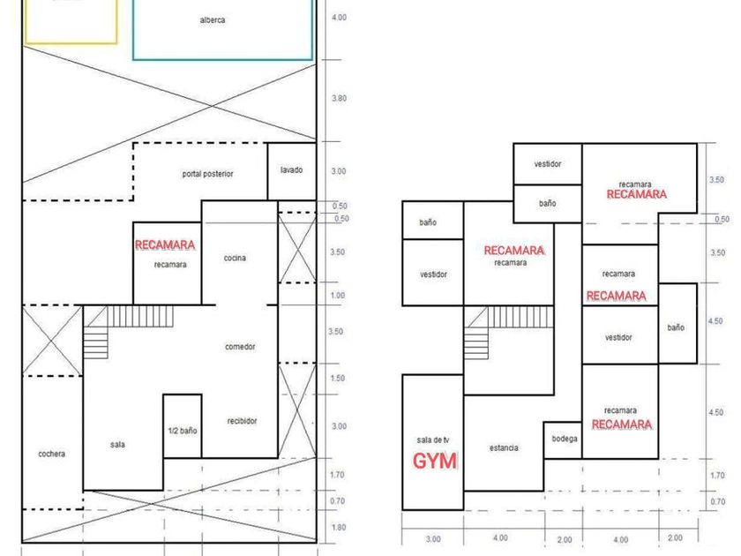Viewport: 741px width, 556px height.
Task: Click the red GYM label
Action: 436,461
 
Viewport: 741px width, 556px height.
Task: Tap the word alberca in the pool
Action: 213,20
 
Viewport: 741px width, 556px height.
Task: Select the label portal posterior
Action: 207,174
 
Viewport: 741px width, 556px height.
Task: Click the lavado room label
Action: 292,169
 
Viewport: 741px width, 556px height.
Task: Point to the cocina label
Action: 235,258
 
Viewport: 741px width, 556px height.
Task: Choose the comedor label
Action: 240,347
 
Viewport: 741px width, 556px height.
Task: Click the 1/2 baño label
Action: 183,431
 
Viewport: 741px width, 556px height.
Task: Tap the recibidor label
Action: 242,421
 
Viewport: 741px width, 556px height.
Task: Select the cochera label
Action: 52,455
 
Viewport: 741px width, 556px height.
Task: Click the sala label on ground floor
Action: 117,445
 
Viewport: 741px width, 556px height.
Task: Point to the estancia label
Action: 504,448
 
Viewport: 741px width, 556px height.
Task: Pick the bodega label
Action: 565,439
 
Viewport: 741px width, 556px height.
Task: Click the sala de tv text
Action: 433,440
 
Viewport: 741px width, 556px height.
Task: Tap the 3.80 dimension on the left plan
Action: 339,99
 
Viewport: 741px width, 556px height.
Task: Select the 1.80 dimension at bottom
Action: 339,528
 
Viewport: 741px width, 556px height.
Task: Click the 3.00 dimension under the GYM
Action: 432,539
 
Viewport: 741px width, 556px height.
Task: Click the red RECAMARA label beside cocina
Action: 164,244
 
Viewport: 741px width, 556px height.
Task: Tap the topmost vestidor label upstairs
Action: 547,164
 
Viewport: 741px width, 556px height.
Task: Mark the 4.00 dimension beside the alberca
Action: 339,18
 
